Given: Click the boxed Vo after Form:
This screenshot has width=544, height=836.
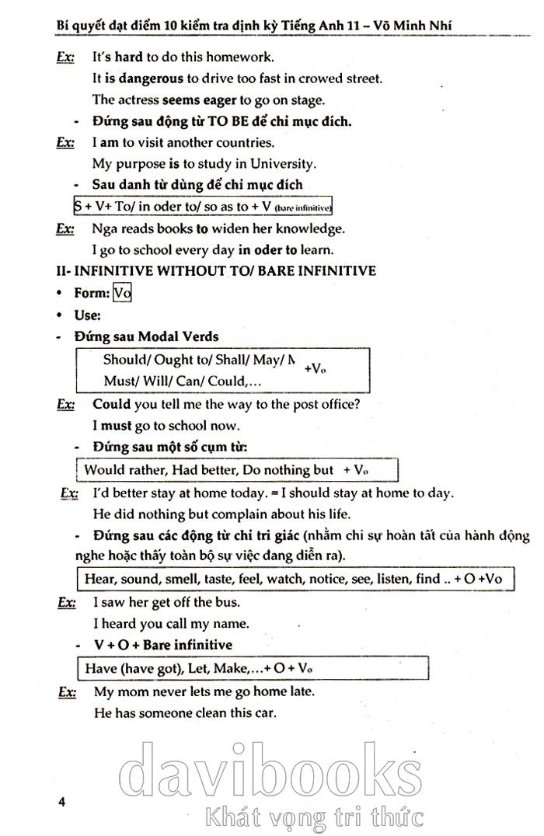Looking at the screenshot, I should [122, 293].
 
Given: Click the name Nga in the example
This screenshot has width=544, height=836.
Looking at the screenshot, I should [103, 228].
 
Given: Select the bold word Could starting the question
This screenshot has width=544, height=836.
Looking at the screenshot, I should [111, 404].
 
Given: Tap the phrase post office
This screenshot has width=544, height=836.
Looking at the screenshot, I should [326, 404].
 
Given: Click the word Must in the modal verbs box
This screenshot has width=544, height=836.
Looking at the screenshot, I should [120, 381].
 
